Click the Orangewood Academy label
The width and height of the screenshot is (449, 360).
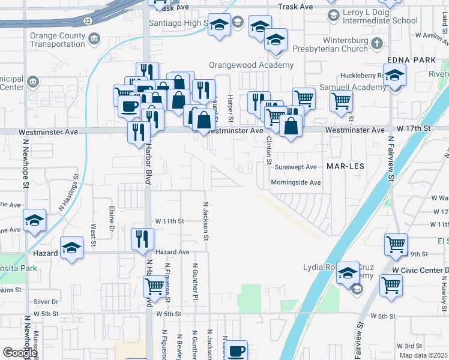(251, 65)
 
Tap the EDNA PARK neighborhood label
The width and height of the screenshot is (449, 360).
(411, 60)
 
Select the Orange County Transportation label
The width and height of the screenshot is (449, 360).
(58, 40)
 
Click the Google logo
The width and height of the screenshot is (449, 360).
(19, 353)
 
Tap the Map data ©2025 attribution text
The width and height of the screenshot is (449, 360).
(424, 355)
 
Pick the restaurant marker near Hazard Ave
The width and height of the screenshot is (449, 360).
(139, 238)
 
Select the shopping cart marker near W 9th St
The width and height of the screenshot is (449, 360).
(396, 244)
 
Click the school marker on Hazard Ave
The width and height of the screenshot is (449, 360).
(72, 249)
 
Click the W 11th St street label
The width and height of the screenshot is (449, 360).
(169, 221)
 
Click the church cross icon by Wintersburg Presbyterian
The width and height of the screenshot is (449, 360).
(376, 43)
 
